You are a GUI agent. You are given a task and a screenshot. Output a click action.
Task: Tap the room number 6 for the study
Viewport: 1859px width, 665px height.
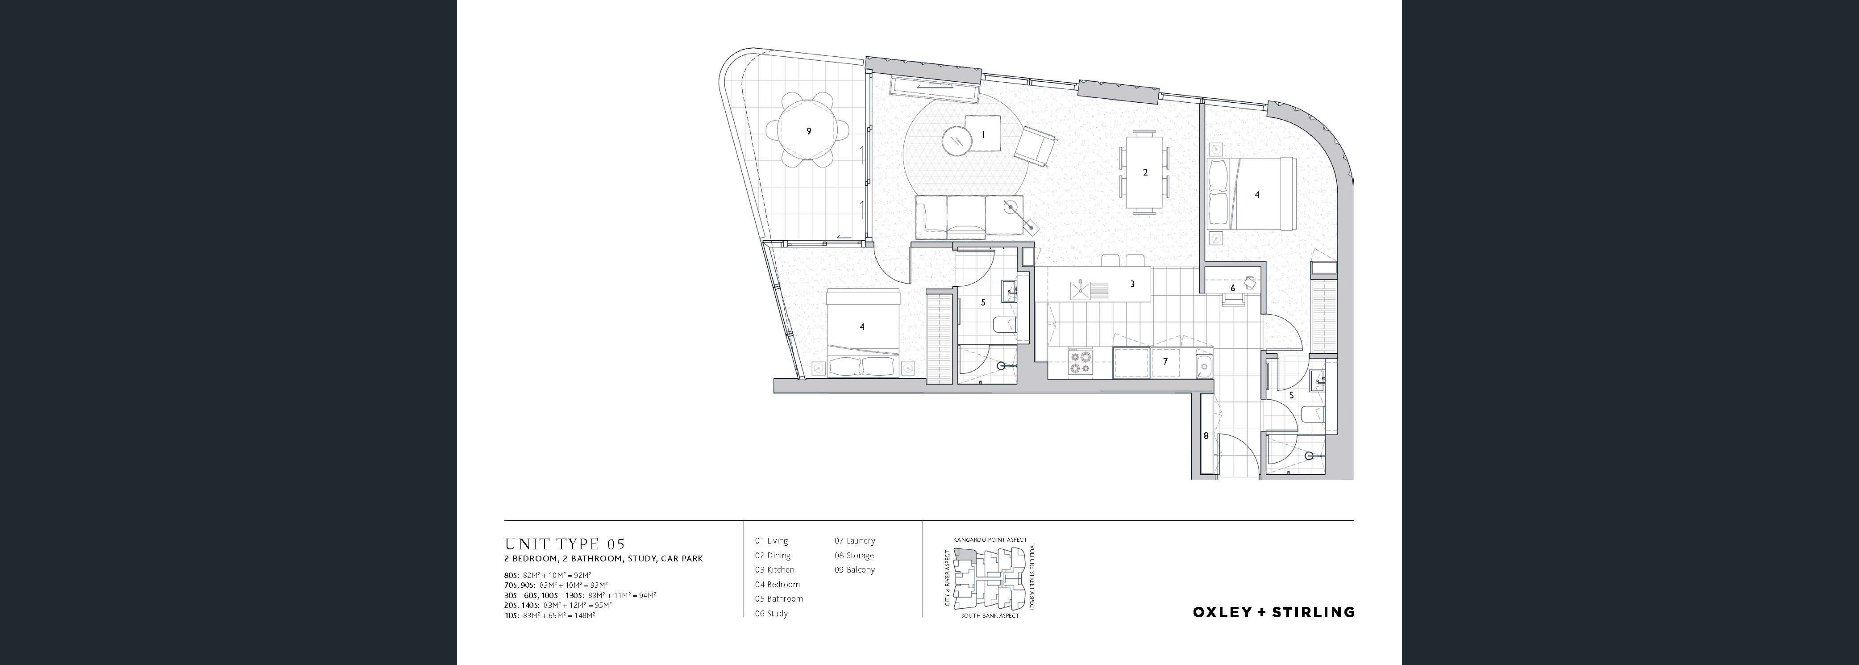pyautogui.click(x=1233, y=288)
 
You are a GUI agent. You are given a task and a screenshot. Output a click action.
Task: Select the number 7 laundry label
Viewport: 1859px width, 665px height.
pyautogui.click(x=1165, y=362)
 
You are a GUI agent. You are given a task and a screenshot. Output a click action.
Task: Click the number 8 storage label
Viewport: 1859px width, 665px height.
pyautogui.click(x=1205, y=436)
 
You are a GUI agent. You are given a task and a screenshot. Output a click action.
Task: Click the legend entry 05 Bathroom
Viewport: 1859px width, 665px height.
pyautogui.click(x=779, y=598)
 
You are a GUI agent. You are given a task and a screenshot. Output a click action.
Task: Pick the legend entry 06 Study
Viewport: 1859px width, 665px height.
pyautogui.click(x=771, y=614)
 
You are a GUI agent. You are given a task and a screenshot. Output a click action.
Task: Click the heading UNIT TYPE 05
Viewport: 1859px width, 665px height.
pyautogui.click(x=564, y=544)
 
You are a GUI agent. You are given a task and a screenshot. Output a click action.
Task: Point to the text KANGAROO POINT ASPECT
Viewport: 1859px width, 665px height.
pyautogui.click(x=990, y=540)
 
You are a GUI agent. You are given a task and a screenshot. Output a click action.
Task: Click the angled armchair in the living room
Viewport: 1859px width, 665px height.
pyautogui.click(x=1036, y=147)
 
